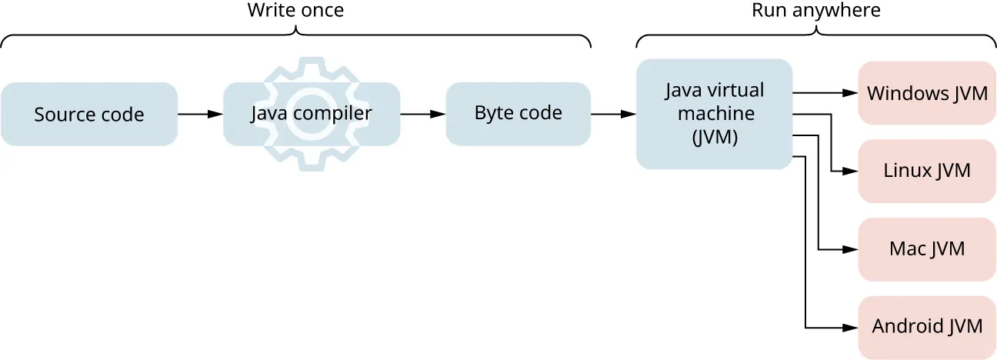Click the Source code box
pyautogui.click(x=88, y=115)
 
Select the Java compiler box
pyautogui.click(x=311, y=115)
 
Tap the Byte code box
pyautogui.click(x=518, y=114)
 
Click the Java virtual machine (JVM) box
pyautogui.click(x=714, y=114)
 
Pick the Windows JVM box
pyautogui.click(x=927, y=93)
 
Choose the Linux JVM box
pyautogui.click(x=927, y=171)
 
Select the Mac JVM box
pyautogui.click(x=927, y=249)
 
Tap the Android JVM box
pyautogui.click(x=927, y=326)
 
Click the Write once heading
pyautogui.click(x=295, y=11)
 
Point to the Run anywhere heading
pyautogui.click(x=815, y=11)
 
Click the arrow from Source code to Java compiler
pyautogui.click(x=200, y=114)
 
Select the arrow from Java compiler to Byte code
pyautogui.click(x=422, y=114)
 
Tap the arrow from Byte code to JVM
pyautogui.click(x=613, y=114)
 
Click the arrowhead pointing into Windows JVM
pyautogui.click(x=850, y=93)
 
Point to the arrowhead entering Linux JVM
pyautogui.click(x=850, y=171)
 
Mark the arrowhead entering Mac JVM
pyautogui.click(x=850, y=249)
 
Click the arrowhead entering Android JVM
pyautogui.click(x=850, y=326)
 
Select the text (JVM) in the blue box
pyautogui.click(x=714, y=139)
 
